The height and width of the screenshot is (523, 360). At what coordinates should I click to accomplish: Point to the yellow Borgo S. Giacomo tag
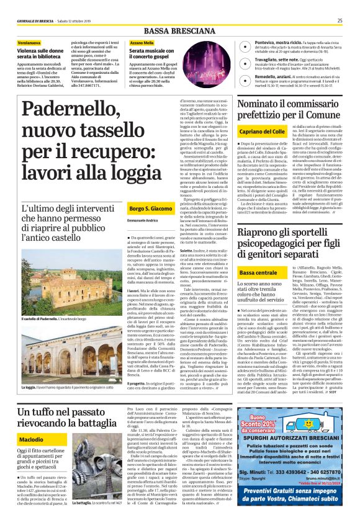pos(151,208)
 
